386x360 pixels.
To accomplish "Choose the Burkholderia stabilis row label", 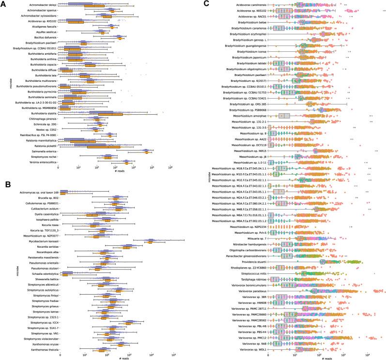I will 42,113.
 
